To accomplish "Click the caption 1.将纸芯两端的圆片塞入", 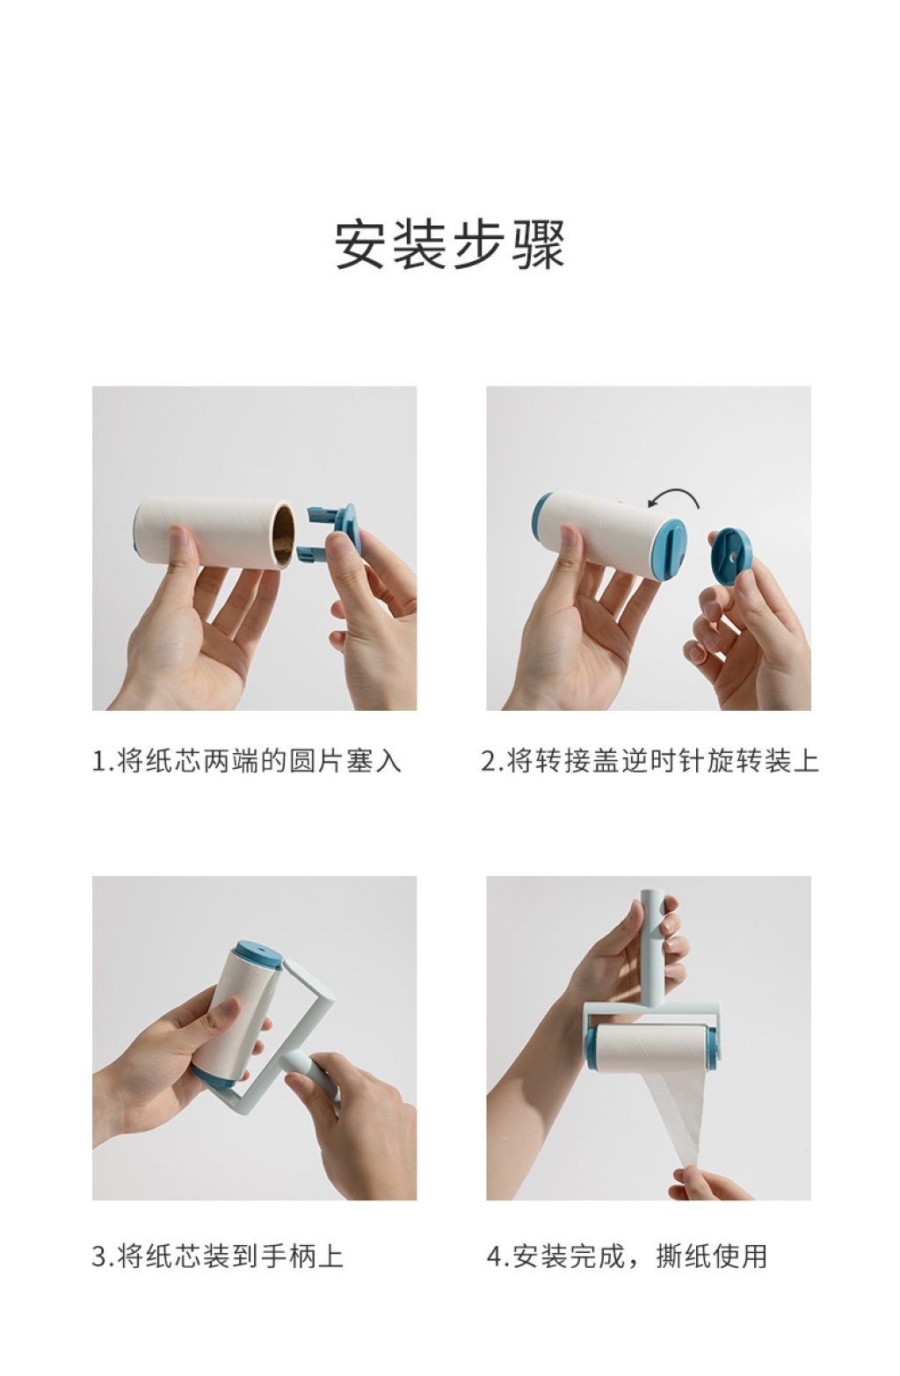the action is [247, 761].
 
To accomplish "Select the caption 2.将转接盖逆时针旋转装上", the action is [650, 761].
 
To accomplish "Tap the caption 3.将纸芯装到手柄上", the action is [217, 1256].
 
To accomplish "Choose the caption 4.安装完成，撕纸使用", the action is [628, 1256].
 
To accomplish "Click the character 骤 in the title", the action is [538, 243].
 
